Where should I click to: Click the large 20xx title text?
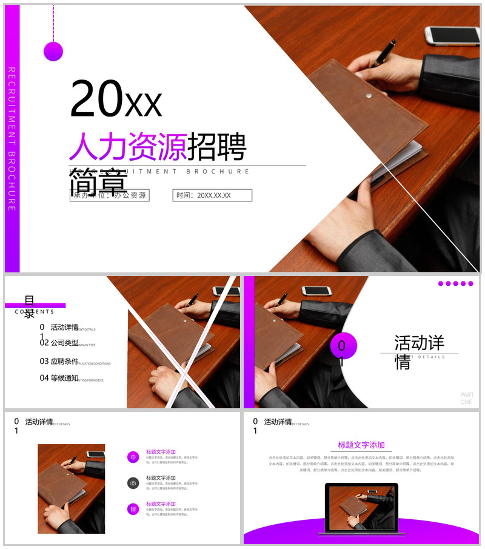(116, 99)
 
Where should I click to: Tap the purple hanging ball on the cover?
(53, 52)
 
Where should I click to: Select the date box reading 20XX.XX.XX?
(212, 195)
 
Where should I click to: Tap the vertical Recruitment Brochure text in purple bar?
(12, 139)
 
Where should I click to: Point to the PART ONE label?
(467, 399)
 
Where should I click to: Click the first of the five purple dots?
(441, 283)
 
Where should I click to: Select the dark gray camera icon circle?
(133, 483)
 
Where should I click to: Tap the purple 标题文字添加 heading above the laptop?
(361, 445)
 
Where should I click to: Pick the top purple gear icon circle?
(133, 457)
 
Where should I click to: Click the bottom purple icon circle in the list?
(133, 509)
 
